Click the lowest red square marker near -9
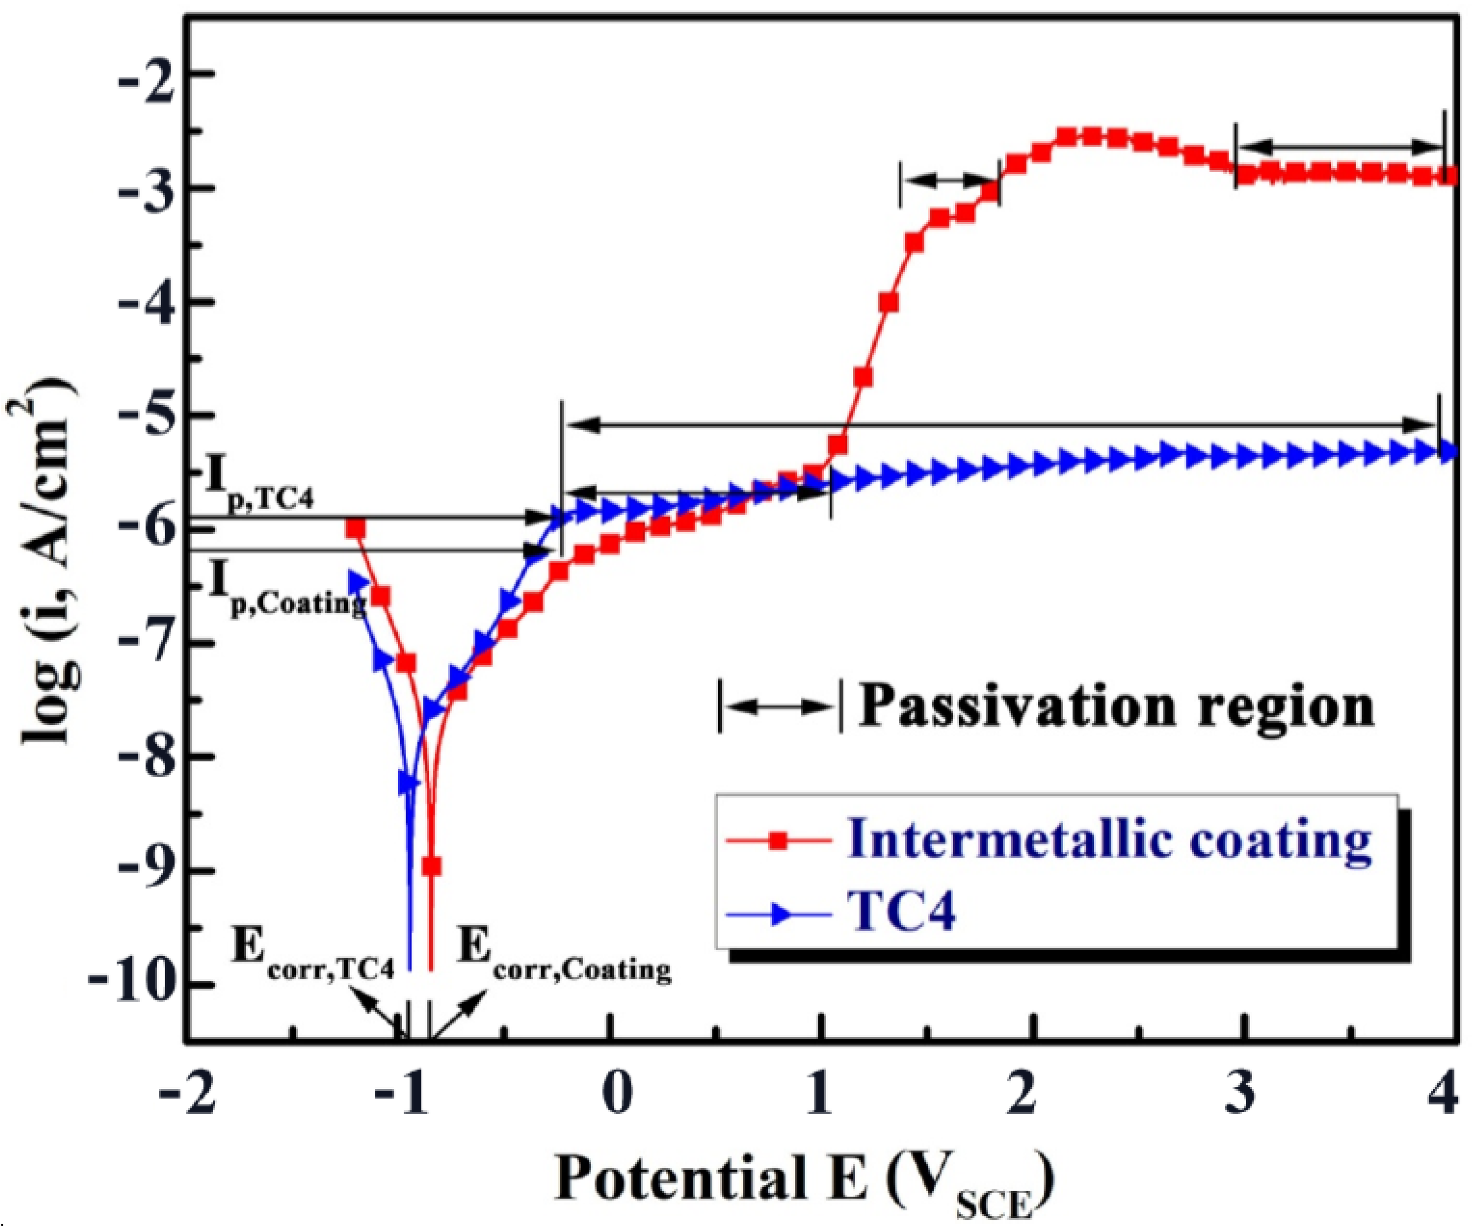pos(431,866)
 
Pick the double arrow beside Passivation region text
pos(778,706)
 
